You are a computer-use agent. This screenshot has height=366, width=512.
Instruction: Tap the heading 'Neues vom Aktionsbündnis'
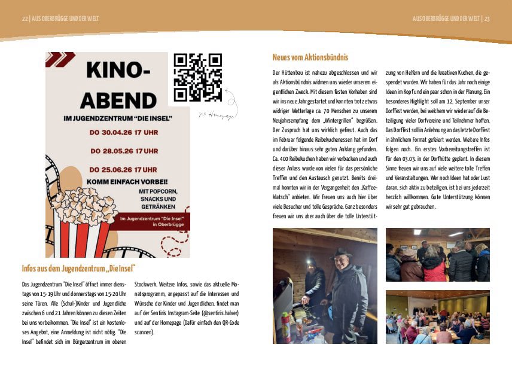point(310,57)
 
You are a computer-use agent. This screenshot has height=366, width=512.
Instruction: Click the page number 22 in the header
point(25,19)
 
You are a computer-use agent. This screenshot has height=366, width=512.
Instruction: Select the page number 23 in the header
point(487,19)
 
